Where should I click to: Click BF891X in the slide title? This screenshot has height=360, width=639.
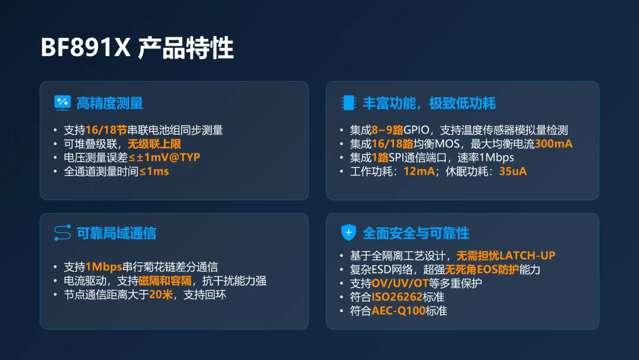(85, 48)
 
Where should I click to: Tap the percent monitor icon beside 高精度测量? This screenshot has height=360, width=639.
(62, 103)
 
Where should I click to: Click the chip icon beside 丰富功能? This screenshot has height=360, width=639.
(348, 103)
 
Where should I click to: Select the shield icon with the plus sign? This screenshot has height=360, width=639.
(348, 233)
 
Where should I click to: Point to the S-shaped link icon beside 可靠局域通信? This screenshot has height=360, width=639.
(62, 233)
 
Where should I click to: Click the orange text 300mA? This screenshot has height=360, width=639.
(553, 144)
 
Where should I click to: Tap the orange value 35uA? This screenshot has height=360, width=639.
(512, 171)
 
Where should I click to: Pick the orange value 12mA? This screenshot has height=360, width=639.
(419, 171)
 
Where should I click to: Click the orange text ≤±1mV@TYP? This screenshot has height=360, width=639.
(164, 157)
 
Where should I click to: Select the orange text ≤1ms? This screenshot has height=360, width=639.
(154, 171)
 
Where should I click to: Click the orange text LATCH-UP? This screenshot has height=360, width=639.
(527, 256)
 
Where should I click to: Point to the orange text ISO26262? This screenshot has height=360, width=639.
(397, 297)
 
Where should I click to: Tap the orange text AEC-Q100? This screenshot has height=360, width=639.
(398, 311)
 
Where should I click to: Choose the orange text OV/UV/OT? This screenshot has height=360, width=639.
(400, 283)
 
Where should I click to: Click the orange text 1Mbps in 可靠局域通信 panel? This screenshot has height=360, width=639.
(104, 267)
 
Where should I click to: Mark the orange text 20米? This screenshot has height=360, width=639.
(161, 294)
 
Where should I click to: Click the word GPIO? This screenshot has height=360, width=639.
(416, 130)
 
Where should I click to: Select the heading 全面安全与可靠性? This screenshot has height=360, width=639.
(416, 233)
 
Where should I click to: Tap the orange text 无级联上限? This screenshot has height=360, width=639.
(154, 144)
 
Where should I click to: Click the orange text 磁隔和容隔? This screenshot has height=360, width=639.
(165, 281)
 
